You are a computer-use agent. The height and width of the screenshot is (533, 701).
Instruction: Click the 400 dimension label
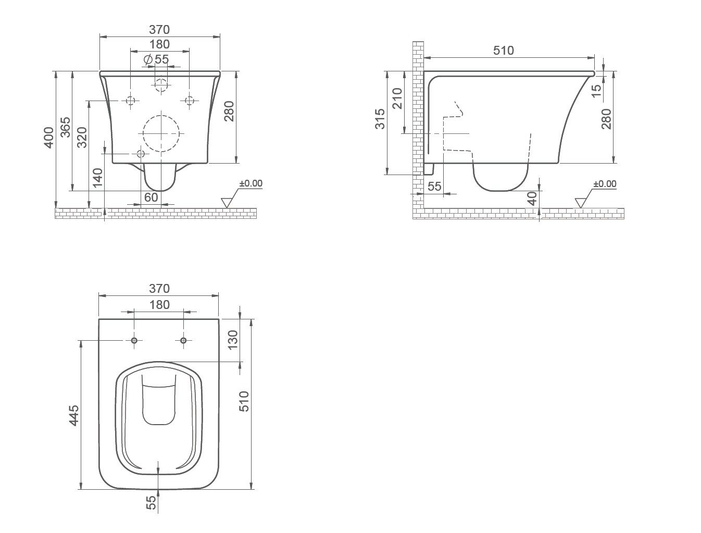pos(48,138)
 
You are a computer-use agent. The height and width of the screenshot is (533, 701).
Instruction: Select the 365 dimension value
pos(65,127)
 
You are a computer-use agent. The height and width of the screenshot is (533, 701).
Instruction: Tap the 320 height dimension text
pos(82,138)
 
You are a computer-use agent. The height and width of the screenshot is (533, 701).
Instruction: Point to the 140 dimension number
pos(97,178)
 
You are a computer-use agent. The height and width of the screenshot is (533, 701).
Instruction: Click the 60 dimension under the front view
pos(151,197)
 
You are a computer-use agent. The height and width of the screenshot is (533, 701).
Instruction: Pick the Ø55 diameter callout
pos(156,59)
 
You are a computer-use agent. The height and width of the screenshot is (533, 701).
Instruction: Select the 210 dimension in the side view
pos(397,98)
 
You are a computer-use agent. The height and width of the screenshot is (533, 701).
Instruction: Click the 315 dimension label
pos(380,119)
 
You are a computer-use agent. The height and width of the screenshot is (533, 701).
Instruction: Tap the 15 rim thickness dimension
pos(596,91)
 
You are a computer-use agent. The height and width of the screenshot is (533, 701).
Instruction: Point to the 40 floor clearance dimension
pos(532,198)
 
